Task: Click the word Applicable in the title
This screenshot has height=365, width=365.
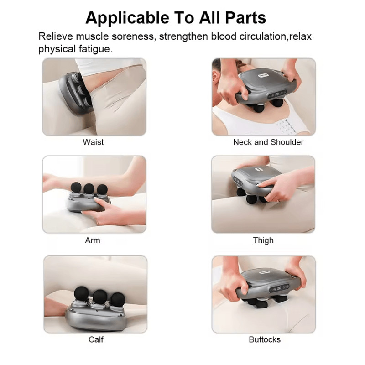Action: pos(127,18)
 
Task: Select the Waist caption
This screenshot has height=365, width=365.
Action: pos(93,142)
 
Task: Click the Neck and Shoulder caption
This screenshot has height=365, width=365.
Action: pos(268,142)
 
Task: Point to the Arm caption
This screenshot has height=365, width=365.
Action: pos(93,240)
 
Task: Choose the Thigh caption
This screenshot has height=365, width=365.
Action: pos(263,240)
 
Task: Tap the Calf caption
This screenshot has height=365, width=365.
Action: pos(96,339)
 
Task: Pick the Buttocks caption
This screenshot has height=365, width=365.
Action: pos(265,339)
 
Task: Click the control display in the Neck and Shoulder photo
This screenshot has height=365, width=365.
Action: pos(278,94)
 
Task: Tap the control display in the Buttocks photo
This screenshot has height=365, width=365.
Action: pos(279,288)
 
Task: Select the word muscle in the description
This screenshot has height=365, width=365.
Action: pos(92,36)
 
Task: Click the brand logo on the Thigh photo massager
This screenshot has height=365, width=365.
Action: pos(258,169)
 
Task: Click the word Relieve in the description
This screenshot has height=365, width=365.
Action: pos(56,36)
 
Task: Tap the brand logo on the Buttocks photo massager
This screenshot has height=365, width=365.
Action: pos(265,272)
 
